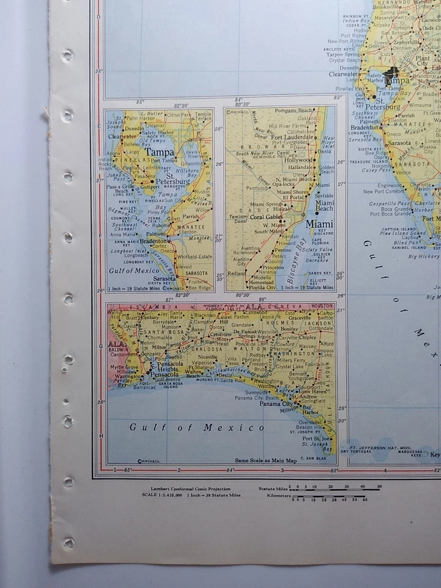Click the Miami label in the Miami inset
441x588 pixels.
pos(320,224)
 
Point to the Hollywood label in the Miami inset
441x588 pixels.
pos(297,159)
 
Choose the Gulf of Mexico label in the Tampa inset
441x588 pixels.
pos(134,270)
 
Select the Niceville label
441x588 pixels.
pos(208,357)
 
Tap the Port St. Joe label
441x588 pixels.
pos(317,439)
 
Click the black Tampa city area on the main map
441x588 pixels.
pos(391,76)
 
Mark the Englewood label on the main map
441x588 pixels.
pos(390,184)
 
